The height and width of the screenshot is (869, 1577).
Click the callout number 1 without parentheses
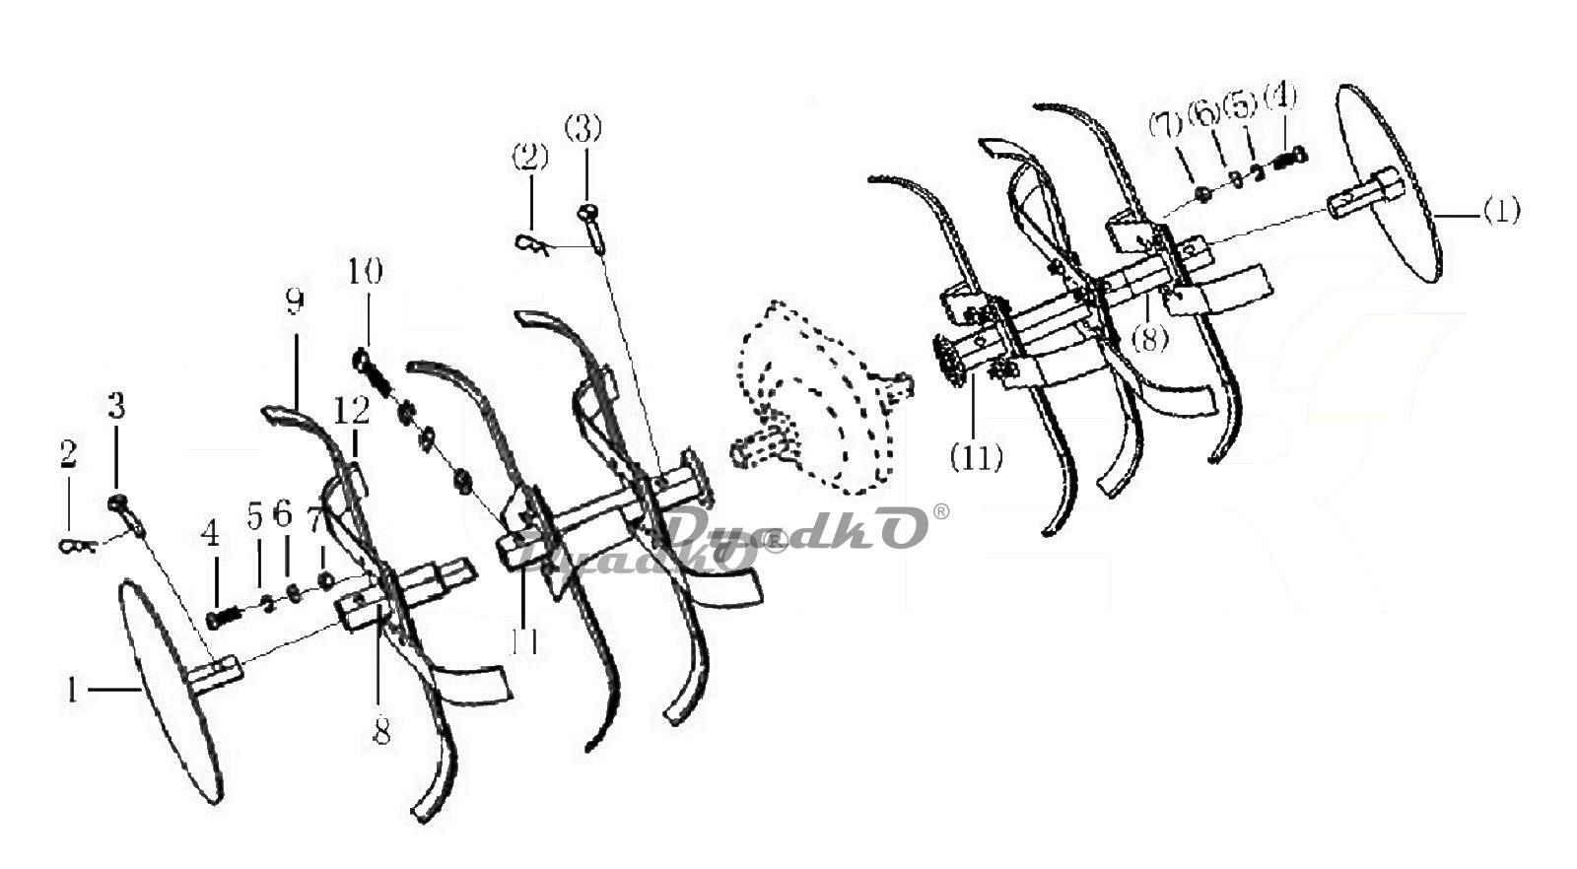71,690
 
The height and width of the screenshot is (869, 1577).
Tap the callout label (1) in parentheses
1500,211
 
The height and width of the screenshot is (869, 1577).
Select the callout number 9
293,302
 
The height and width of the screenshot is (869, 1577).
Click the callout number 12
351,409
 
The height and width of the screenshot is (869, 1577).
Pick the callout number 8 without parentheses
381,731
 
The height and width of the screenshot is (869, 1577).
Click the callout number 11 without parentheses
523,641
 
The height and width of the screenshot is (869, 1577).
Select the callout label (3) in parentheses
583,128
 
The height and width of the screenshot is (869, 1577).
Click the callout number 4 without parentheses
209,535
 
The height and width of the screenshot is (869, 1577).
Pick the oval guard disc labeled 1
168,690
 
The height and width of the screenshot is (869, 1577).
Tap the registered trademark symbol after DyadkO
941,511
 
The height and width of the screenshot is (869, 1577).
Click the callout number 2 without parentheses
68,454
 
